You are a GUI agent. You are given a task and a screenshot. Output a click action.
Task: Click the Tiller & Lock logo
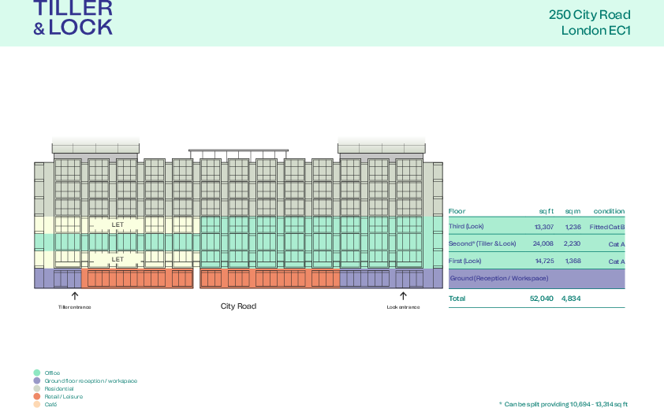coord(73,18)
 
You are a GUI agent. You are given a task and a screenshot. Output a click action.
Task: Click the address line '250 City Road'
coord(589,15)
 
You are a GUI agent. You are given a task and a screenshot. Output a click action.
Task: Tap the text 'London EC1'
coord(595,31)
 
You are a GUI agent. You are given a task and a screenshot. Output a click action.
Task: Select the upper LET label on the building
coord(118,225)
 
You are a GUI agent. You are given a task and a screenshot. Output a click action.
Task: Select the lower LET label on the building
coord(118,259)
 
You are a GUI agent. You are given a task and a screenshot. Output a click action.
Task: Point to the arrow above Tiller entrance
coord(75,296)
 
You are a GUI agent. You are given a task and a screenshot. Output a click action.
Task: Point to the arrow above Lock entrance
coord(403,296)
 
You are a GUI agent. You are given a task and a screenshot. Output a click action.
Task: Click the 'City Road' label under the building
coord(238,306)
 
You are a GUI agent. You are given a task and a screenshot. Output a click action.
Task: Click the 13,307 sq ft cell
coord(544,227)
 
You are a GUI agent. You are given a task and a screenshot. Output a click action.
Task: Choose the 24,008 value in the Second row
coord(543,244)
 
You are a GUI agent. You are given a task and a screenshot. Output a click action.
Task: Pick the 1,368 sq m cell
coord(573,261)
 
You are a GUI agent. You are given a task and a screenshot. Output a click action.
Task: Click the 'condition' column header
coord(609,211)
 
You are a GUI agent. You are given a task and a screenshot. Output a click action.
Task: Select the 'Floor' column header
coord(457,211)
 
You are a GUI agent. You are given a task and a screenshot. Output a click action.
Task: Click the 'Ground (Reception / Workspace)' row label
coord(498,279)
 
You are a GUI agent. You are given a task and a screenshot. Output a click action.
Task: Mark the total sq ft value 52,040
coord(542,299)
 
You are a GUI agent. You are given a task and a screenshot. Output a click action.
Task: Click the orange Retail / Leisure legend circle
coord(37,396)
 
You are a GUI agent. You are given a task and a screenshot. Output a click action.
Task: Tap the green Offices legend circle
coord(37,373)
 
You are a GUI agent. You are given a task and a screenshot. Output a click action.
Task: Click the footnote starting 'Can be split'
coord(565,403)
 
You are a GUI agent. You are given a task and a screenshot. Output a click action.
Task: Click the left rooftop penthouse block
coord(95,145)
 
